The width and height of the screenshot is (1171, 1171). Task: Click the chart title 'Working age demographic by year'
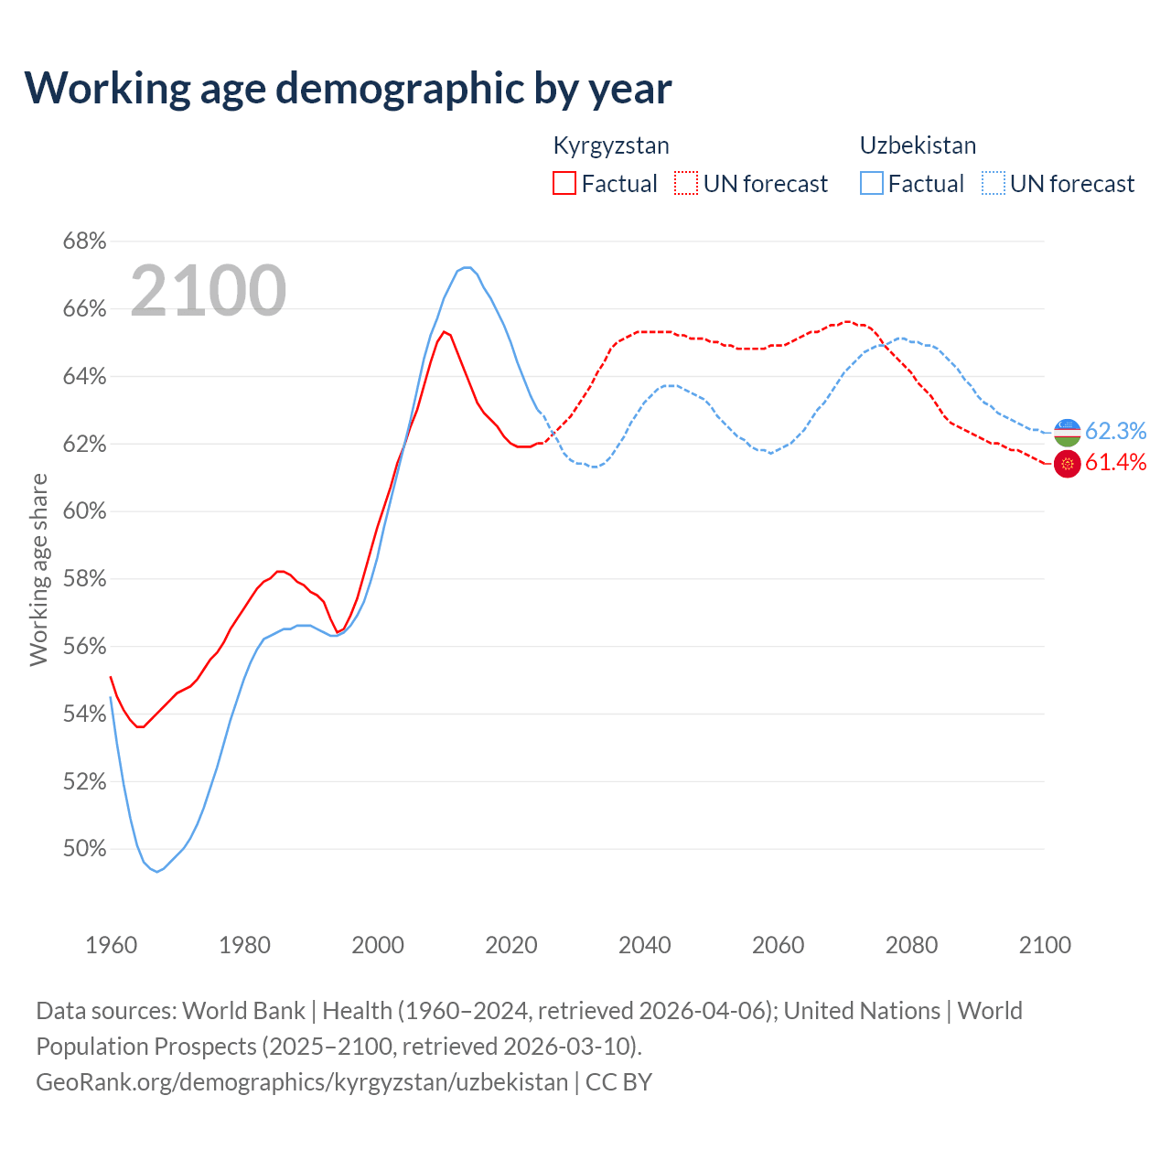[x=348, y=89]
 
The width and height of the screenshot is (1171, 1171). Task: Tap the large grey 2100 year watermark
[x=209, y=291]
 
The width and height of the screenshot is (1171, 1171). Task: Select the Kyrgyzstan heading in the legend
[x=611, y=145]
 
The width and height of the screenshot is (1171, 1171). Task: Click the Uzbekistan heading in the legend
[x=918, y=145]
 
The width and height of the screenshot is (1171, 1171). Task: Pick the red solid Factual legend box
[x=564, y=184]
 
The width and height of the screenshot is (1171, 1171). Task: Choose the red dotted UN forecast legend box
[x=686, y=184]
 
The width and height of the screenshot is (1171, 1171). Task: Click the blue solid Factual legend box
[x=872, y=184]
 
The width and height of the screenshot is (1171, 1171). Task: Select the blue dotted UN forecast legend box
[x=994, y=184]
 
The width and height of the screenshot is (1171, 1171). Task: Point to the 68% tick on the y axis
[x=84, y=242]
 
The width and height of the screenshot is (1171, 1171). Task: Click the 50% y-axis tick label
[x=84, y=849]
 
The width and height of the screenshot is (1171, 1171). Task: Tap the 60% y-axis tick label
[x=84, y=511]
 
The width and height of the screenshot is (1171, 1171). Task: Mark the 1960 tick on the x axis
[x=111, y=945]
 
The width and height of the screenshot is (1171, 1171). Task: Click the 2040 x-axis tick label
[x=645, y=945]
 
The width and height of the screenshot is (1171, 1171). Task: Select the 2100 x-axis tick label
[x=1045, y=945]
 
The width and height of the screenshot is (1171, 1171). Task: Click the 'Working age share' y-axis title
[x=38, y=569]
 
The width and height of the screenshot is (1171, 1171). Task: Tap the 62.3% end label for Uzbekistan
[x=1115, y=431]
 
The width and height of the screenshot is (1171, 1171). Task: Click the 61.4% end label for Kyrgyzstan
[x=1115, y=463]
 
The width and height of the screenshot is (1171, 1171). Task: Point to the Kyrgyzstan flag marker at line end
[x=1068, y=464]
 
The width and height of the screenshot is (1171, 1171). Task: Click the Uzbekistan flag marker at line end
[x=1068, y=432]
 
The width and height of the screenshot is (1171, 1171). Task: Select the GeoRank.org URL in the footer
[x=302, y=1082]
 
